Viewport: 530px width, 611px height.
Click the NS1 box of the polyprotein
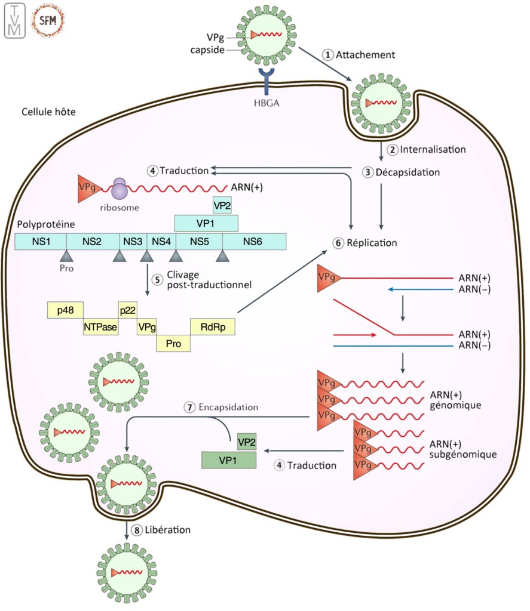coord(40,241)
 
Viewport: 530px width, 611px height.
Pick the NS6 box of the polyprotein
coord(254,241)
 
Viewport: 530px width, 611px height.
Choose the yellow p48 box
coord(65,310)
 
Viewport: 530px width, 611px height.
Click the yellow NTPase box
coord(100,326)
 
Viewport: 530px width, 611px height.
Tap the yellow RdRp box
coord(212,326)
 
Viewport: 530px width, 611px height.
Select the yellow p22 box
coord(128,310)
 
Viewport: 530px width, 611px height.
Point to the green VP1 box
coord(229,460)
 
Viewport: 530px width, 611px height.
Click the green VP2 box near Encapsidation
coord(247,442)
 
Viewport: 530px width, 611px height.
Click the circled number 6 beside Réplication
coord(338,243)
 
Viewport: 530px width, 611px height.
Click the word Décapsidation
coord(408,172)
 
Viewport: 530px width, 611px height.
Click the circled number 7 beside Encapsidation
coord(189,408)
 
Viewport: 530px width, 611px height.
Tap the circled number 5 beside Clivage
coord(157,279)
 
